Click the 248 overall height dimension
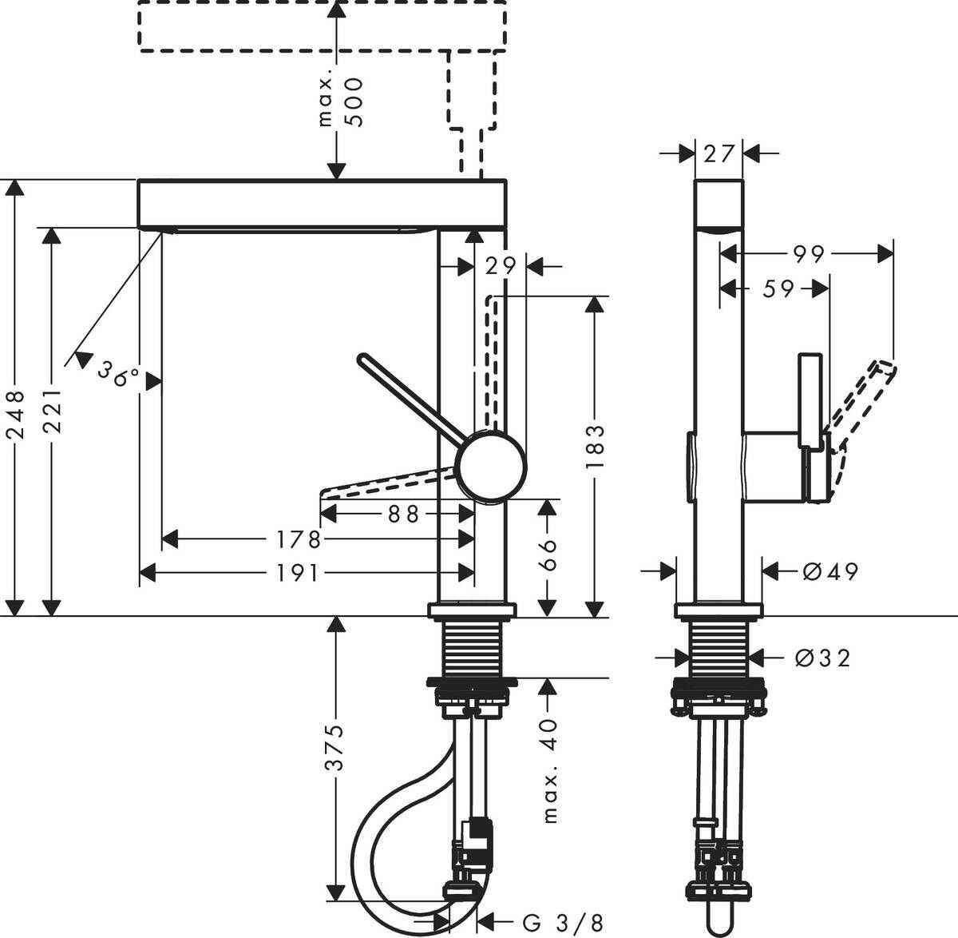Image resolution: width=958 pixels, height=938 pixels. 17,413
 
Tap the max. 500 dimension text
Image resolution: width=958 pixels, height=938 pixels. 340,101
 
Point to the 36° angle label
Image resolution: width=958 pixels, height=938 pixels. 118,373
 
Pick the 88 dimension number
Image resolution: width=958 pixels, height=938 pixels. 403,514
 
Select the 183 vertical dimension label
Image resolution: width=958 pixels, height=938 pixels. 596,451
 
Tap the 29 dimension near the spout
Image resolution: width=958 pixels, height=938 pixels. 502,265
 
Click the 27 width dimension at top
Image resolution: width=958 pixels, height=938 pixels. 718,152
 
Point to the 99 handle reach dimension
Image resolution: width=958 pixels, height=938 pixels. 809,254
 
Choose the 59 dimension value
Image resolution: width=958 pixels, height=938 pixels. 777,288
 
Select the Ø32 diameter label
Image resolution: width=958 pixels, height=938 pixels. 822,658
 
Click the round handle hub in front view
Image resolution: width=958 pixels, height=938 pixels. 491,465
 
